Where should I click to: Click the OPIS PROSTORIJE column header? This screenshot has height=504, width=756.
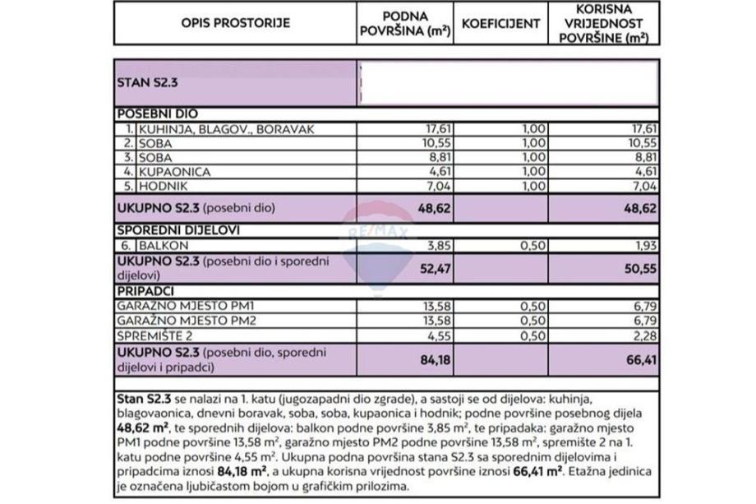(x=235, y=23)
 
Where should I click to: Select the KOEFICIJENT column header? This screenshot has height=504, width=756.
(x=500, y=23)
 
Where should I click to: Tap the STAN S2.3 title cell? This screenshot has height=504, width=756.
(x=148, y=82)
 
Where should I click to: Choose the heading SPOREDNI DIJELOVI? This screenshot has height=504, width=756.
(x=177, y=230)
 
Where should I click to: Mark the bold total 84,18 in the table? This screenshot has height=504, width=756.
(x=432, y=357)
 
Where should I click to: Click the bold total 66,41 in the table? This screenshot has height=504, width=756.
(x=639, y=357)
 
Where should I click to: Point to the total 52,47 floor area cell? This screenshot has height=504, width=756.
(x=432, y=267)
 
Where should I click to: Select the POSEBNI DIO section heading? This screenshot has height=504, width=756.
(x=157, y=114)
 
